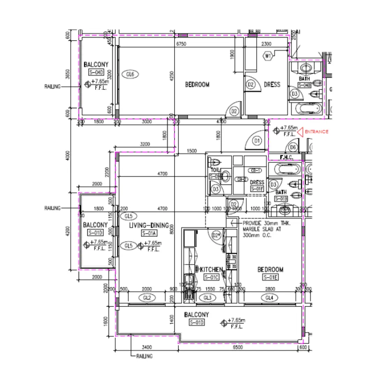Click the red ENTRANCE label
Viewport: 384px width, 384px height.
316,132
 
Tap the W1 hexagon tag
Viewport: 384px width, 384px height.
268,56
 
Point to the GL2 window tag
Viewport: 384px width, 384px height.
147,298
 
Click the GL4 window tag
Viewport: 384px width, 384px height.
269,298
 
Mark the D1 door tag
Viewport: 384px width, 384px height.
257,141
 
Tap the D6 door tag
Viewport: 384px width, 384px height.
293,148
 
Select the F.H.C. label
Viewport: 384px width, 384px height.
286,157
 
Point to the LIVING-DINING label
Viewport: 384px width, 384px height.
149,226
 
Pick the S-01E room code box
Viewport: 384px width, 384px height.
270,278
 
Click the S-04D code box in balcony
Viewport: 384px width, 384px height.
96,73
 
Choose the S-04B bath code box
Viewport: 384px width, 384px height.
304,85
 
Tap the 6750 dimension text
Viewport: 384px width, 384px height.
182,44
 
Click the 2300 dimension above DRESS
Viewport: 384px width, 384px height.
266,44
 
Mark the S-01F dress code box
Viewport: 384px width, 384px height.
257,189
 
